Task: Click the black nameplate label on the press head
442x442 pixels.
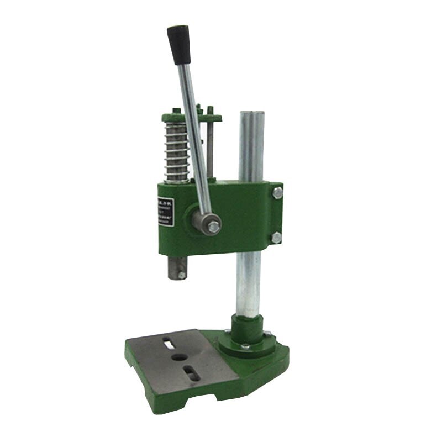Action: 161,210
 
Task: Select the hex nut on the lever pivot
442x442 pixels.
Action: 212,225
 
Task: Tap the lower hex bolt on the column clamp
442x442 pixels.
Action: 276,238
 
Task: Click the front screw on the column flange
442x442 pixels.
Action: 247,347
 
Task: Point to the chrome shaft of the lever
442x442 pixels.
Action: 196,138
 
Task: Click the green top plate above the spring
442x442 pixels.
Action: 191,117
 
